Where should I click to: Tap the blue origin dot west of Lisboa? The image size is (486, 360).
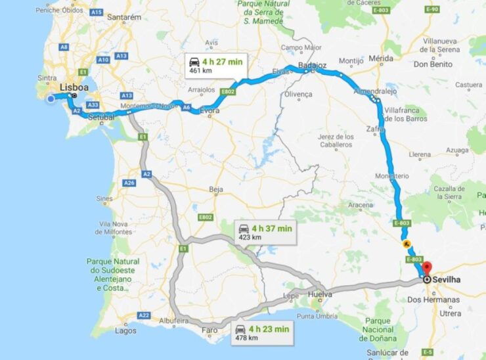51,99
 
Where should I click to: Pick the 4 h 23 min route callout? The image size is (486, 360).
261,332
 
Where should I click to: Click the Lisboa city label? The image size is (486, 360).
74,87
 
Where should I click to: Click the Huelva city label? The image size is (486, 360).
319,295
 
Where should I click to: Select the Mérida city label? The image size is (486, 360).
381,58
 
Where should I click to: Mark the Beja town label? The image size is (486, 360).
216,189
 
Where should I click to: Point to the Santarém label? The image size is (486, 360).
124,16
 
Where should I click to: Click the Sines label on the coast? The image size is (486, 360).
104,198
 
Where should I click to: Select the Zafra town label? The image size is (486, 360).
376,130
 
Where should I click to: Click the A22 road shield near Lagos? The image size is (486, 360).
144,315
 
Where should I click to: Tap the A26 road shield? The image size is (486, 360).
129,183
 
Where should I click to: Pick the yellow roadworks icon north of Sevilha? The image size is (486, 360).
407,244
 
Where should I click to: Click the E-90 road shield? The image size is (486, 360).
431,9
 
